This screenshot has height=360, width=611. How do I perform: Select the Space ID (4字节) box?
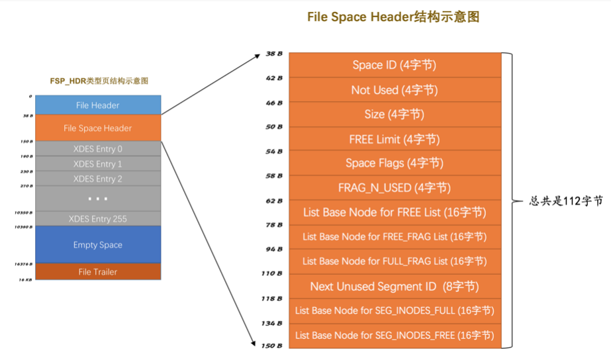coord(395,65)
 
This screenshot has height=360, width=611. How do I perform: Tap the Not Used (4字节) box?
coord(395,90)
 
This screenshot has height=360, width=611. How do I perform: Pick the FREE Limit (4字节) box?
coord(395,140)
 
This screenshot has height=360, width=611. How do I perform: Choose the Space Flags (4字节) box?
coord(395,163)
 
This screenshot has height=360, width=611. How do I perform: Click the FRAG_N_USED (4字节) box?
coord(395,188)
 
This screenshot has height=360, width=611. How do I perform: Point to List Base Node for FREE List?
coord(395,212)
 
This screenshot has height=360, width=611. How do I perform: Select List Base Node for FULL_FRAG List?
coord(395,261)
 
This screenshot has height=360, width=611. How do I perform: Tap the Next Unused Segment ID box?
coord(395,287)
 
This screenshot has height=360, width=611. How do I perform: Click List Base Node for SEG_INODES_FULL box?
coord(395,310)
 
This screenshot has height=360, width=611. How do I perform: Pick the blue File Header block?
coord(98,105)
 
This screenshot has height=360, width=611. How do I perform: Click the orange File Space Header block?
coord(98,128)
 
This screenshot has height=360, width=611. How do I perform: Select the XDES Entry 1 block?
coord(98,163)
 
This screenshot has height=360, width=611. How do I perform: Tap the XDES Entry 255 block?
coord(98,218)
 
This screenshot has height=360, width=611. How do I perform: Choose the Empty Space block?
coord(98,245)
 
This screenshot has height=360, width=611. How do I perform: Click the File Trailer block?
coord(98,272)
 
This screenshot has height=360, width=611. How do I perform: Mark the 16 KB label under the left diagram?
coord(25,281)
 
